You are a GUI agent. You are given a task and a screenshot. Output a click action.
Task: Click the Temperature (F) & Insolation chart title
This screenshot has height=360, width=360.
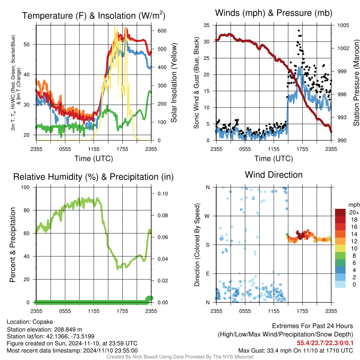(x=94, y=15)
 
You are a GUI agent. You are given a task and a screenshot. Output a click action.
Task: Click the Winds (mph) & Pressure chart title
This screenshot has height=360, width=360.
(x=274, y=13)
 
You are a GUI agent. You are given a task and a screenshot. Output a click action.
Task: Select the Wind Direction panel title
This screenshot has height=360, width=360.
(x=274, y=174)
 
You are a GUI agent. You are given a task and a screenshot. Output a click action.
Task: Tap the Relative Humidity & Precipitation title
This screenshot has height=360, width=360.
(x=94, y=177)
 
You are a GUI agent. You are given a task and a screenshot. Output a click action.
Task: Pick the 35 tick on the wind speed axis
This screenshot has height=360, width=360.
(x=207, y=25)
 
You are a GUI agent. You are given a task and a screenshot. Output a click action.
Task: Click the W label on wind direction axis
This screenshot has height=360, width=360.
(x=207, y=216)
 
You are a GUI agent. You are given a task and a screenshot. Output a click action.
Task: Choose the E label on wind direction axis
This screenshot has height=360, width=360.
(x=207, y=274)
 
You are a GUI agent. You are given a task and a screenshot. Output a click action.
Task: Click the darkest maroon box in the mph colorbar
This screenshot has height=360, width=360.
(x=340, y=212)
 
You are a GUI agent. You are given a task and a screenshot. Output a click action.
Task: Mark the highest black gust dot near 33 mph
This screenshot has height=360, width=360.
(x=299, y=31)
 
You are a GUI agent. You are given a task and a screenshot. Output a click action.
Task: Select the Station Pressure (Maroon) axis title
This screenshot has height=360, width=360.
(x=356, y=83)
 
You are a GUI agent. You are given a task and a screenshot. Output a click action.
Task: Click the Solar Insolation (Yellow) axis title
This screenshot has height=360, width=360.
(x=174, y=83)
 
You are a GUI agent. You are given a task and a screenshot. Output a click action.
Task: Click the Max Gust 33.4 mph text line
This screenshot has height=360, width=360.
(x=295, y=351)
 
